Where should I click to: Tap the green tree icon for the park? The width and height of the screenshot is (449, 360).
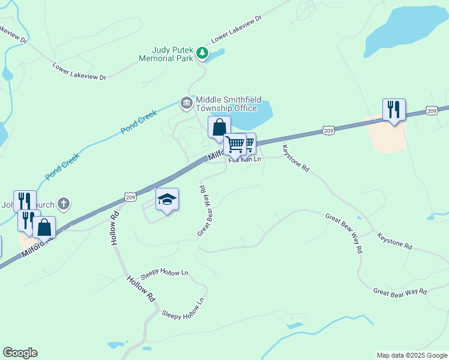pos(202,54)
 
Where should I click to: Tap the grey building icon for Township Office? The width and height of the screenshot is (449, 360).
pos(187,104)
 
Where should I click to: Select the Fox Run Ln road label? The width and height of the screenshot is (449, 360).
pos(245,160)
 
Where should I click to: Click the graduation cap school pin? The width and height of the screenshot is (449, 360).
pos(167,199)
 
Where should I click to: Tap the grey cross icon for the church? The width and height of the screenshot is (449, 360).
pos(64,204)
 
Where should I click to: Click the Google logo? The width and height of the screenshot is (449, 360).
pos(20,353)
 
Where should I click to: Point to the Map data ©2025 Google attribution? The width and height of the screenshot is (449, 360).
pos(411,355)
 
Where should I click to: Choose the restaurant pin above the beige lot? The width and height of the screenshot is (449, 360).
pos(393,110)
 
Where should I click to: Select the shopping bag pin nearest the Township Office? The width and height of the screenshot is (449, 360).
pos(219,127)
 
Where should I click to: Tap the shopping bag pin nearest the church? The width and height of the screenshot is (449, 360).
pos(44,227)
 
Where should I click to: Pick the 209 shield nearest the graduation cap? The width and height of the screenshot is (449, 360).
pos(131,196)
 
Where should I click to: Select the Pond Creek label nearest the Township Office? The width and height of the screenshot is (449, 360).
pos(139,122)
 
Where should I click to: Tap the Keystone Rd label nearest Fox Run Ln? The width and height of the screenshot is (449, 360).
pos(296,159)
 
